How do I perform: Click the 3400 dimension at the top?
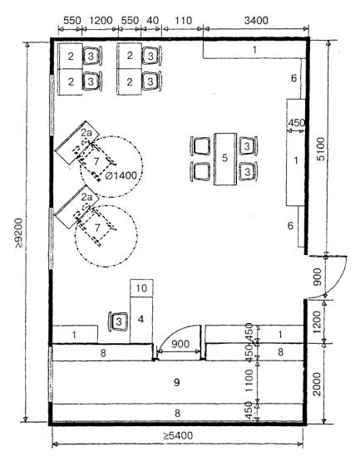(x=256, y=21)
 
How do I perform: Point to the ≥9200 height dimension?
(x=19, y=233)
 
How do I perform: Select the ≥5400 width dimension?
(x=178, y=436)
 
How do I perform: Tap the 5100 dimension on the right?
(x=321, y=149)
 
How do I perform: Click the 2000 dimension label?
(x=317, y=384)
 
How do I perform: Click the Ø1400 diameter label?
(x=121, y=175)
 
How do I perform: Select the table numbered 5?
(x=225, y=159)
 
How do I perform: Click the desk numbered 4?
(x=141, y=320)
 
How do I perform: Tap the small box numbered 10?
(x=141, y=287)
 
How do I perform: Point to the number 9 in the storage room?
(x=177, y=382)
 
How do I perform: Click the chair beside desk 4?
(x=118, y=321)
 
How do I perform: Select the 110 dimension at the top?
(x=183, y=21)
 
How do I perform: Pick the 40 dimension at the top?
(x=153, y=21)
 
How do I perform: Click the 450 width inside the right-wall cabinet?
(x=296, y=123)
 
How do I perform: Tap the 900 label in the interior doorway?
(x=180, y=344)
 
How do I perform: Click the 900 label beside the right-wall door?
(x=318, y=277)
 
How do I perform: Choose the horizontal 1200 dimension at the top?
(x=101, y=21)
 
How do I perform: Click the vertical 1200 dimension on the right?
(x=317, y=322)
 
